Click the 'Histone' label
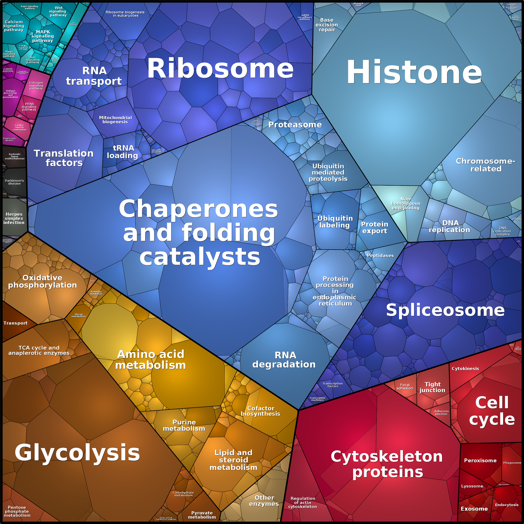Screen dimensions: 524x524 point(414,72)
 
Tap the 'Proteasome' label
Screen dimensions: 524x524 point(295,125)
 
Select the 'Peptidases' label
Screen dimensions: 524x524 point(380,256)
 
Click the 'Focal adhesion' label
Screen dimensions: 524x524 point(405,387)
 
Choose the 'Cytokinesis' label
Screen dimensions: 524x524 point(465,368)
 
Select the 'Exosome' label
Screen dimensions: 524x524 point(474,509)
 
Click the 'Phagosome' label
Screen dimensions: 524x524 point(512,463)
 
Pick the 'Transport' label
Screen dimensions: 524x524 point(15,323)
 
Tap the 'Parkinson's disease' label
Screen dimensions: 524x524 point(14,182)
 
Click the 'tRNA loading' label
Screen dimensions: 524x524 point(123,152)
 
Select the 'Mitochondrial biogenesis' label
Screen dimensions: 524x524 point(115,120)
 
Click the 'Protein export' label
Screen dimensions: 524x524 point(375,227)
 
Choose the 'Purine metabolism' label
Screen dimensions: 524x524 point(184,425)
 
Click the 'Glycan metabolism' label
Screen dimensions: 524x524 point(78,315)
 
